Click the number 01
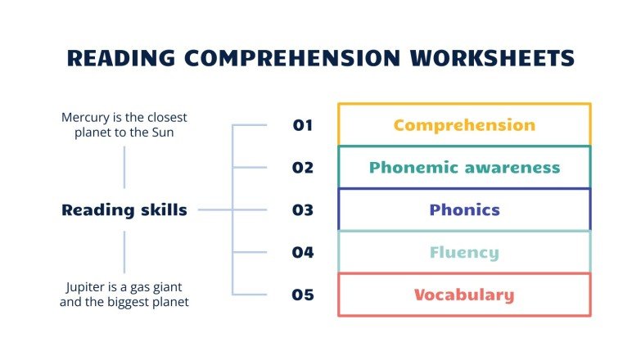303,125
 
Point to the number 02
303,168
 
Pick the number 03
303,210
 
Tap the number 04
303,253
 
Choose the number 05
303,295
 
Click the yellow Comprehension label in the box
464,125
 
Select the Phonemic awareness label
464,168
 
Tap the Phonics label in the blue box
464,210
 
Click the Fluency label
464,253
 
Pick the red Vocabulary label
464,295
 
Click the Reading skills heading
124,210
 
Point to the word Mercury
85,117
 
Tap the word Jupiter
84,287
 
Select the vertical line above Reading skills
124,167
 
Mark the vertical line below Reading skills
124,252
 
